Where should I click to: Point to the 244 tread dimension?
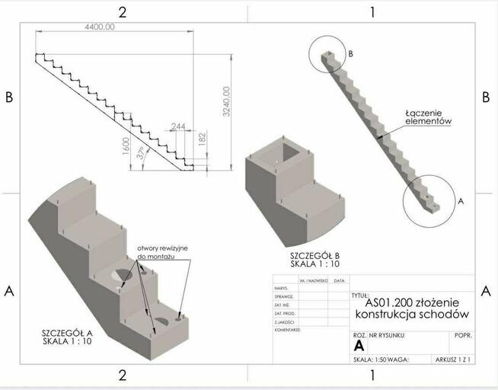[178, 126]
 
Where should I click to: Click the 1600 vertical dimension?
[126, 145]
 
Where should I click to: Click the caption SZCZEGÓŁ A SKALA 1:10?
[68, 337]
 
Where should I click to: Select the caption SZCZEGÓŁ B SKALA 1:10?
[315, 259]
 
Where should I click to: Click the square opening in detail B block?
[290, 155]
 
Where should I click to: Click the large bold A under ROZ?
[359, 346]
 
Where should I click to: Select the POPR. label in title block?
[462, 334]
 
